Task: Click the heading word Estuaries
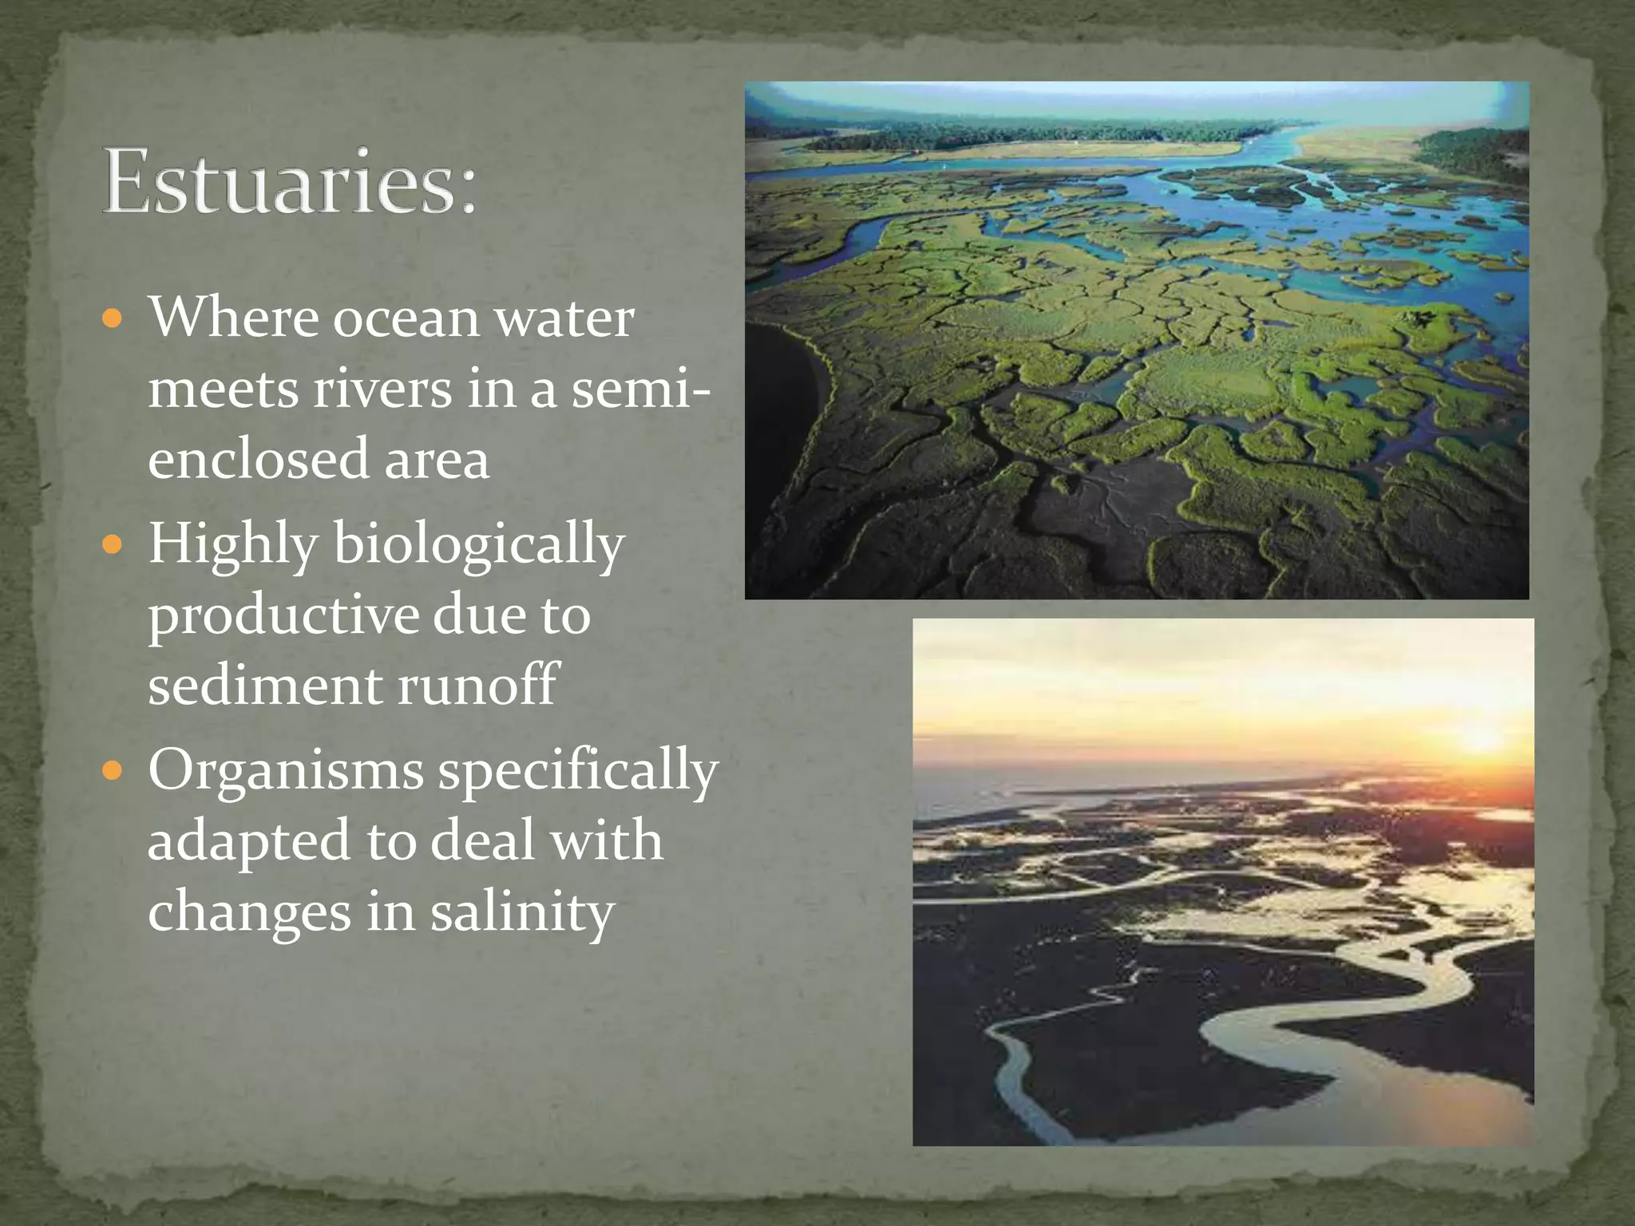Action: click(279, 182)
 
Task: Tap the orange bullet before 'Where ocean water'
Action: click(113, 319)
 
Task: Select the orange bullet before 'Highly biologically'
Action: click(113, 545)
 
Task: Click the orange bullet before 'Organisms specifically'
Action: click(113, 771)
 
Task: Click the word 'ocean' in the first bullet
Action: click(406, 319)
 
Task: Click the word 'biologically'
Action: click(478, 545)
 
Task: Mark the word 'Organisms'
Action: click(285, 771)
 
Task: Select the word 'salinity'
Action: click(522, 912)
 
